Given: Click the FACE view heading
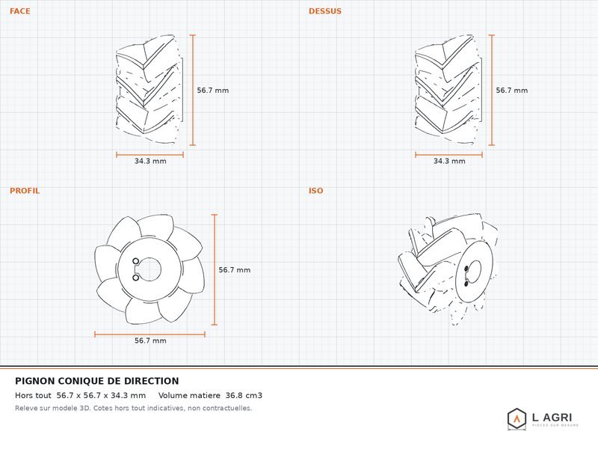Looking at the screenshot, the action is [20, 11].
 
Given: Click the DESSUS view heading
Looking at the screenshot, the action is [325, 11].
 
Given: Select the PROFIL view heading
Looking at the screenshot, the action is [25, 191].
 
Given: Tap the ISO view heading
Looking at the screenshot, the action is [315, 191].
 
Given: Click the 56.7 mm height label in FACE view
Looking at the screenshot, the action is [213, 91].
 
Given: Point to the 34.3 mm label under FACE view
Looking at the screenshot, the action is [150, 161].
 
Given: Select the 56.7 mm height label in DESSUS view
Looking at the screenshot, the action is [512, 91].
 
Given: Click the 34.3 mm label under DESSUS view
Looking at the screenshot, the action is [449, 161].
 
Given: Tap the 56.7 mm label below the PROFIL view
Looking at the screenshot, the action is [150, 340].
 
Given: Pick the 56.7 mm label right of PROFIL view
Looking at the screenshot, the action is [235, 270].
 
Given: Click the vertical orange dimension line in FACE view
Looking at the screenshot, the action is [193, 90].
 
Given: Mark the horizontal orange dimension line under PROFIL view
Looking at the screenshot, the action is [150, 335].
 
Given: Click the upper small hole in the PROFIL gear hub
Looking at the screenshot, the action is [136, 261].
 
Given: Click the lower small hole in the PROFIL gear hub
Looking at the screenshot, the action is [136, 278].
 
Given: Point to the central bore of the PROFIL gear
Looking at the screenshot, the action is [149, 269].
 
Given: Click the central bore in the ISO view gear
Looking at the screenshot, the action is [474, 272].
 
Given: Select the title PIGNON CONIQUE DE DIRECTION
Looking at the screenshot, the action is [97, 381].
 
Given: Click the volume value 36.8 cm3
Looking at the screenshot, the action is [244, 396].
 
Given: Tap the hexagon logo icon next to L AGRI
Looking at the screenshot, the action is [517, 419].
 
